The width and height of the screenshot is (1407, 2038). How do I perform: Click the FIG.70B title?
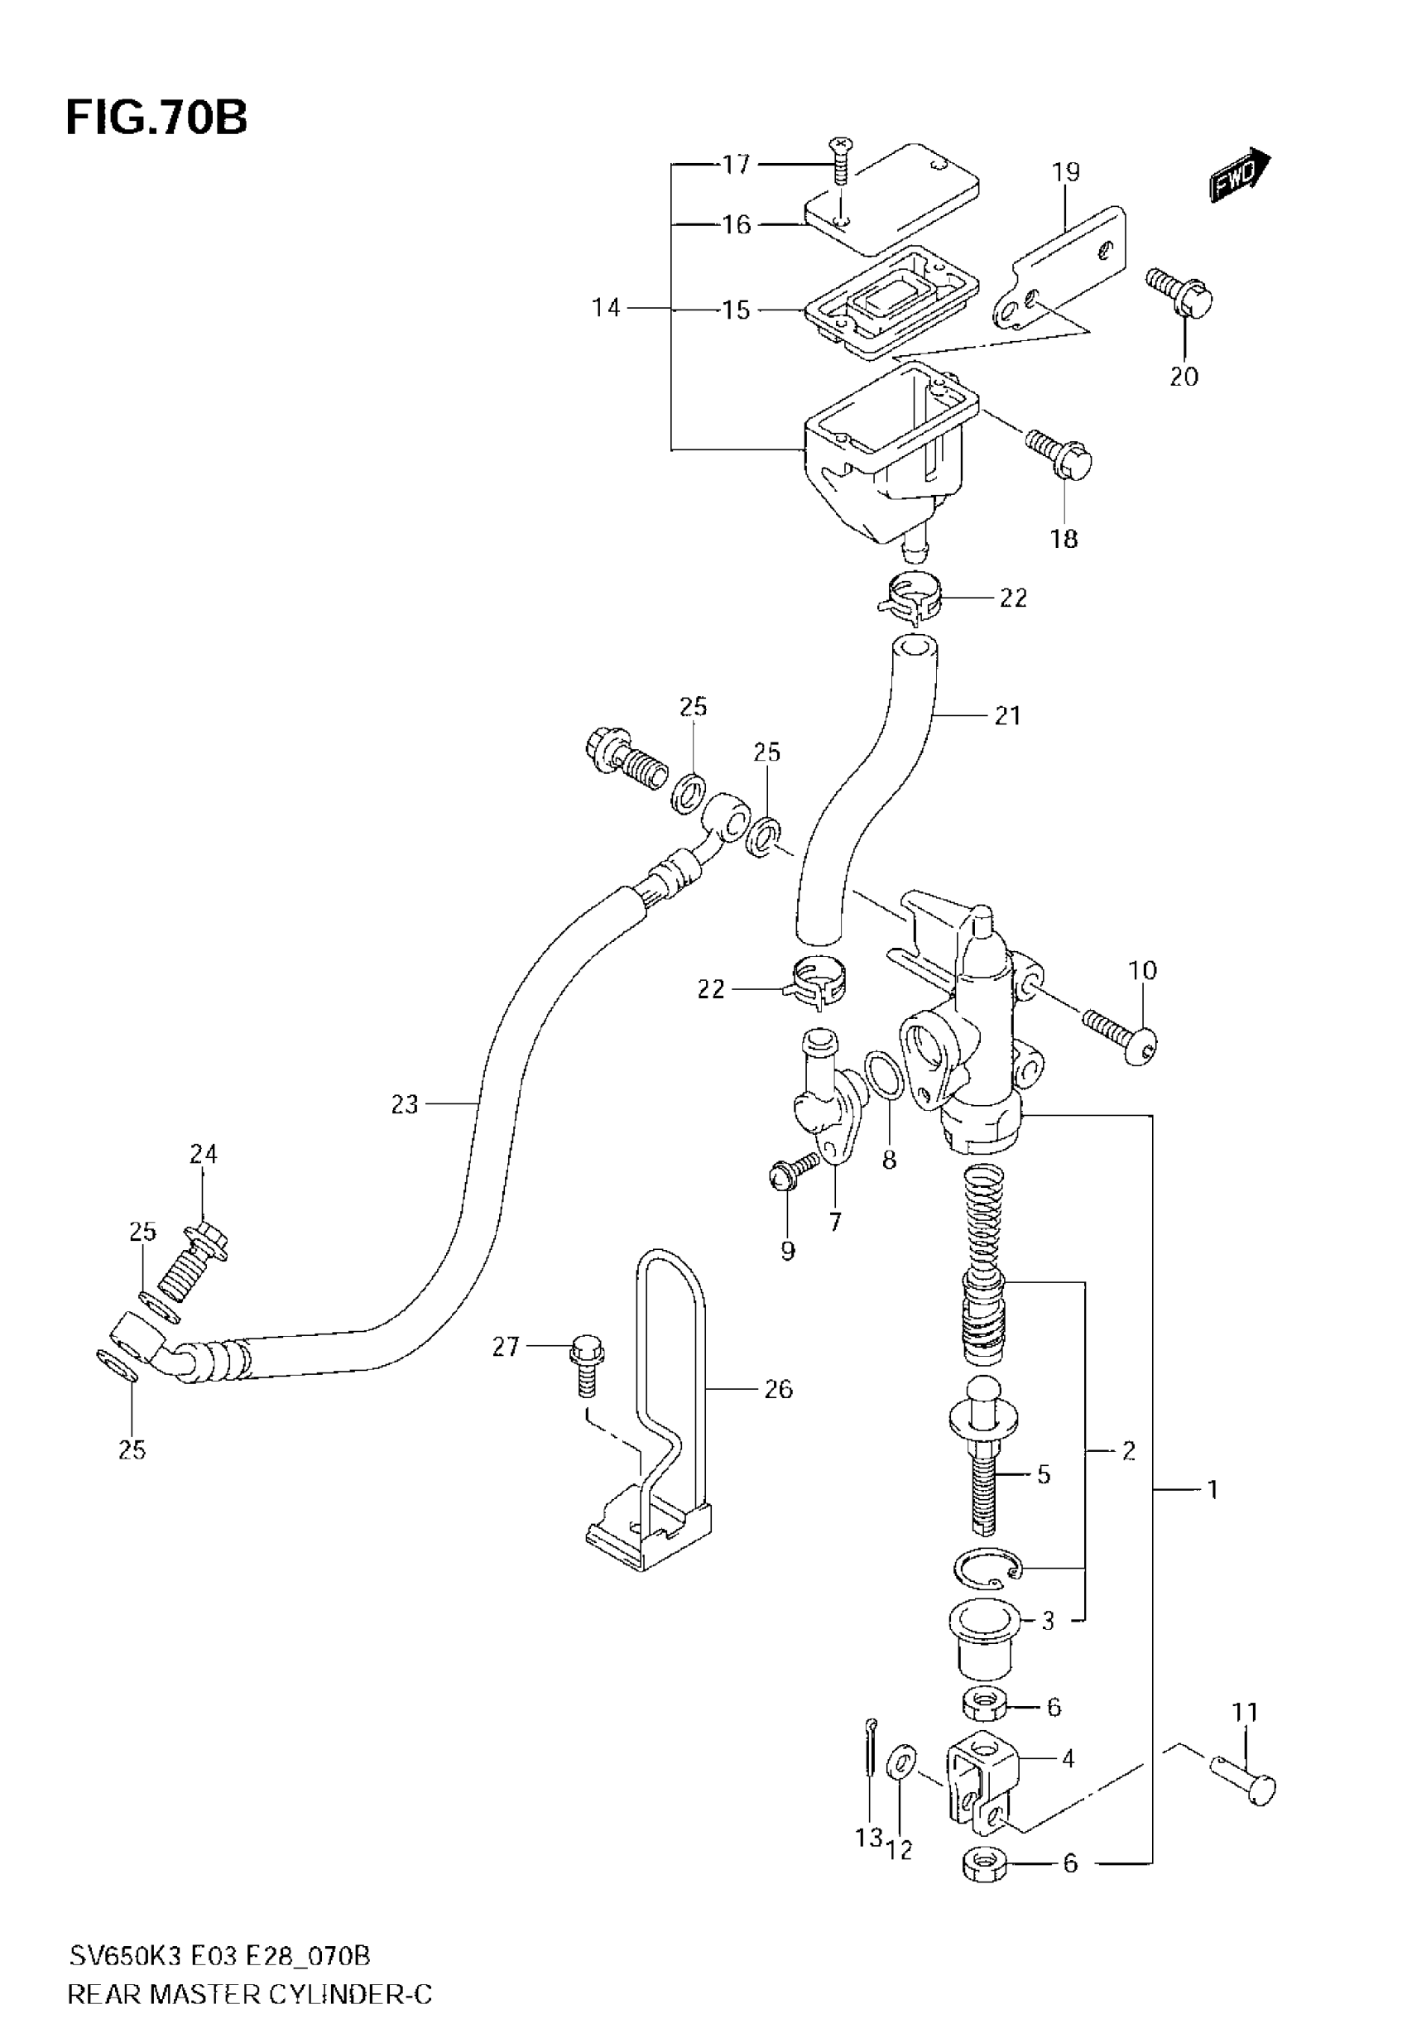[156, 118]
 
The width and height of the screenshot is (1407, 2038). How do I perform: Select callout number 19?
[1066, 172]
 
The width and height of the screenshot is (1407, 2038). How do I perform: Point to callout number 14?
[606, 308]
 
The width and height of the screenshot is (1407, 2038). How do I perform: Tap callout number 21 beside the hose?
[1006, 715]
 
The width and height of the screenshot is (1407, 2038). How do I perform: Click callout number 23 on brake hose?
[405, 1103]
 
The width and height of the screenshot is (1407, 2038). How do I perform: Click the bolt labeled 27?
[584, 1374]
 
